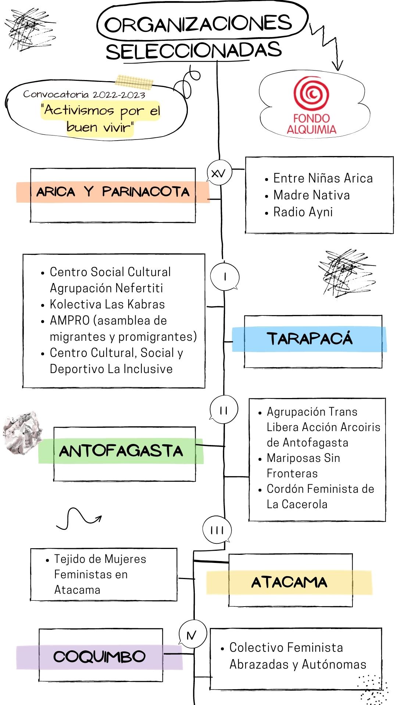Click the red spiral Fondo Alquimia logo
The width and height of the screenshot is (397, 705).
point(311,93)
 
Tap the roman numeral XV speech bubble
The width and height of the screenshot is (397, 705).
point(219,173)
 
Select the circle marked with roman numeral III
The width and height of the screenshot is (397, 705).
point(217,530)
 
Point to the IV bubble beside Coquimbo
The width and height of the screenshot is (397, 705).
point(192,635)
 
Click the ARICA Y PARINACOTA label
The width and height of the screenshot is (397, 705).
point(112,192)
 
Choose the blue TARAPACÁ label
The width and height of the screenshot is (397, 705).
point(309,339)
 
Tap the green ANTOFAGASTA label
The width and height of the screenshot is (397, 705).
point(121,451)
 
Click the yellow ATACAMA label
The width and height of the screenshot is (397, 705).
point(289,582)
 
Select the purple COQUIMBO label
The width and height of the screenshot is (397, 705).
point(99,657)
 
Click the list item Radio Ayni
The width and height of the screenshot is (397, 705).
point(303,212)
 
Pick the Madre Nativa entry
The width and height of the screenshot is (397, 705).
point(311,195)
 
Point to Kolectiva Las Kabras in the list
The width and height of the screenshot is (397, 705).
point(107,304)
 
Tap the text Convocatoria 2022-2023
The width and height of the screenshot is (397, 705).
point(84,94)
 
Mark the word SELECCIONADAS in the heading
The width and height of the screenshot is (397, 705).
point(194,51)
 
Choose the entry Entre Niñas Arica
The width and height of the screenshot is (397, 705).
point(323,178)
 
